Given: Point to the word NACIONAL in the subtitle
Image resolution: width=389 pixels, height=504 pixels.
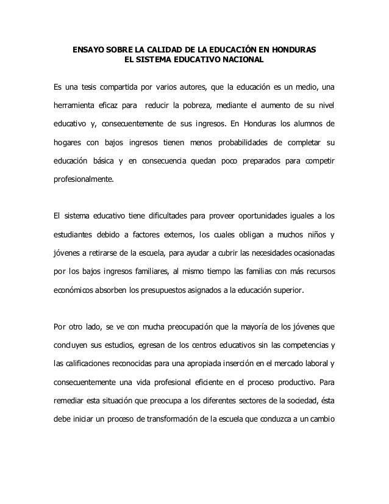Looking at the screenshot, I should (243, 60).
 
